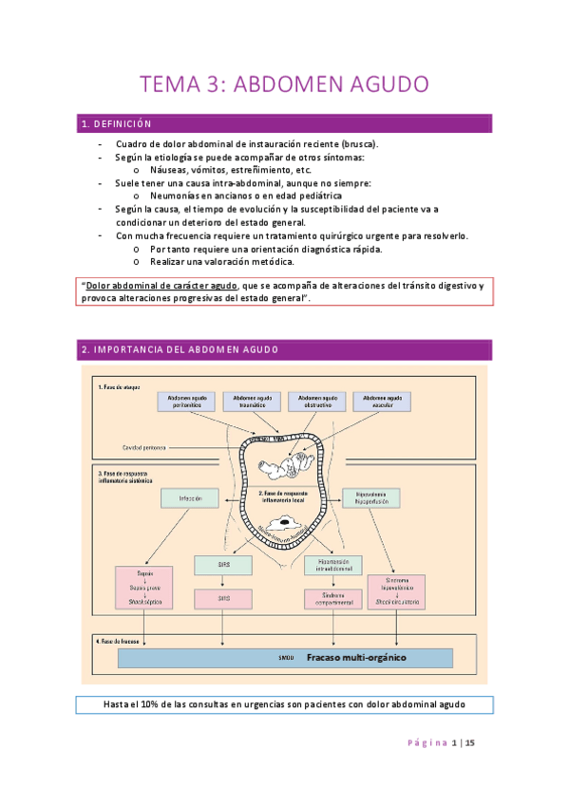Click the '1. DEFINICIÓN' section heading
117,124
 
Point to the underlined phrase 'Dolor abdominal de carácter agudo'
160,286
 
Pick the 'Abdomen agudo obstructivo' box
317,402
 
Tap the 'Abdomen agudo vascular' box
381,402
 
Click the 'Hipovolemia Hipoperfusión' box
370,496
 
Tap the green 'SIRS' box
222,566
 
